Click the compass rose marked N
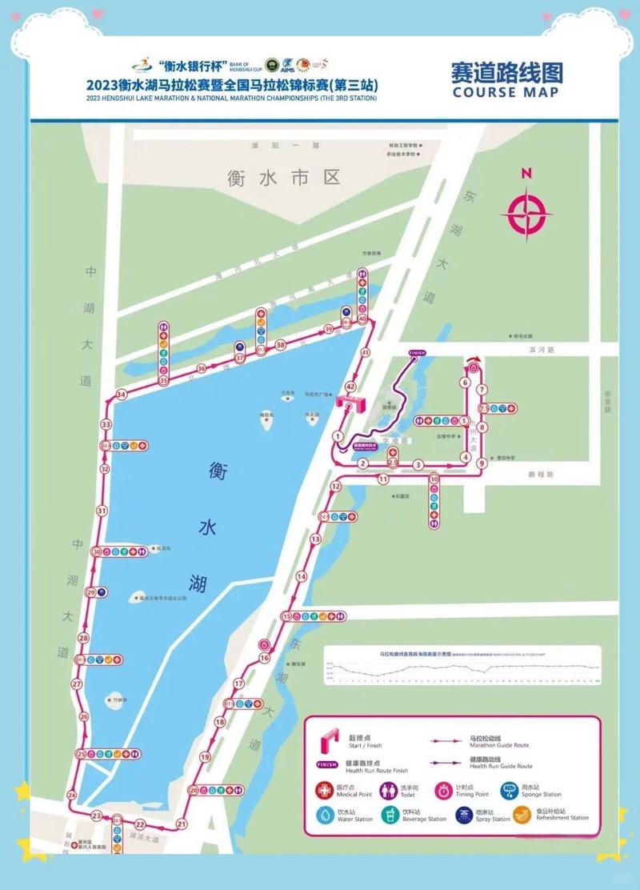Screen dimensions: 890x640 click(x=526, y=211)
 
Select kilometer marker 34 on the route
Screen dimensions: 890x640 click(x=122, y=395)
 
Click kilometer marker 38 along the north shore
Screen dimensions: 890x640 click(x=280, y=345)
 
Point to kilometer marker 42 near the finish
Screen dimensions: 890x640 click(x=350, y=386)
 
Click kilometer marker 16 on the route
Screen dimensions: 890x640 click(x=265, y=658)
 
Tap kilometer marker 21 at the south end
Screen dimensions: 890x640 click(x=182, y=824)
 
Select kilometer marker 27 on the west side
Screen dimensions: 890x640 click(x=77, y=684)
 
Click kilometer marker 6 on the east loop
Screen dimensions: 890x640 click(x=464, y=383)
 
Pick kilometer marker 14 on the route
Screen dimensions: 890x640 click(x=302, y=576)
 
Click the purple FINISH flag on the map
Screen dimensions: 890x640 click(x=417, y=352)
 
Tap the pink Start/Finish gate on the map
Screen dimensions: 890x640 click(x=350, y=403)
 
